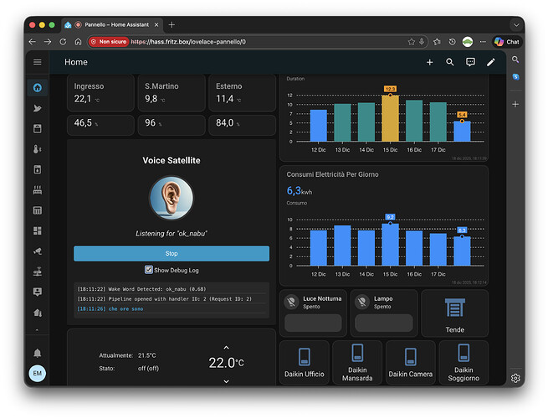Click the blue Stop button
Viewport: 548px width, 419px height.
coord(171,253)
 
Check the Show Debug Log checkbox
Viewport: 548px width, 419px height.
coord(149,270)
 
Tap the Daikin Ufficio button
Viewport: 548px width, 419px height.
coord(304,363)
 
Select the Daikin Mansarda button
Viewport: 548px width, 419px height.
coord(357,363)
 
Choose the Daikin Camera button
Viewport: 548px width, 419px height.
coord(410,363)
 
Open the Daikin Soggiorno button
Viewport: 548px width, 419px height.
coord(463,363)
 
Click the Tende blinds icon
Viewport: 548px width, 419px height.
coord(454,308)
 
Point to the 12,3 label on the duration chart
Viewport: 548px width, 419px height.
coord(391,88)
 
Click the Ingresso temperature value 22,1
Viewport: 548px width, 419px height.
coord(83,99)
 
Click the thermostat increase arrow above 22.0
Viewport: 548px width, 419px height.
coord(226,347)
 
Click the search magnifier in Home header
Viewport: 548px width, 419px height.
coord(450,62)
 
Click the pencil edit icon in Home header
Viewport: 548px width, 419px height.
coord(491,62)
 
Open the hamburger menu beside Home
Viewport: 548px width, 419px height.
coord(38,62)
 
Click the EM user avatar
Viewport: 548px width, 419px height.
coord(38,374)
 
